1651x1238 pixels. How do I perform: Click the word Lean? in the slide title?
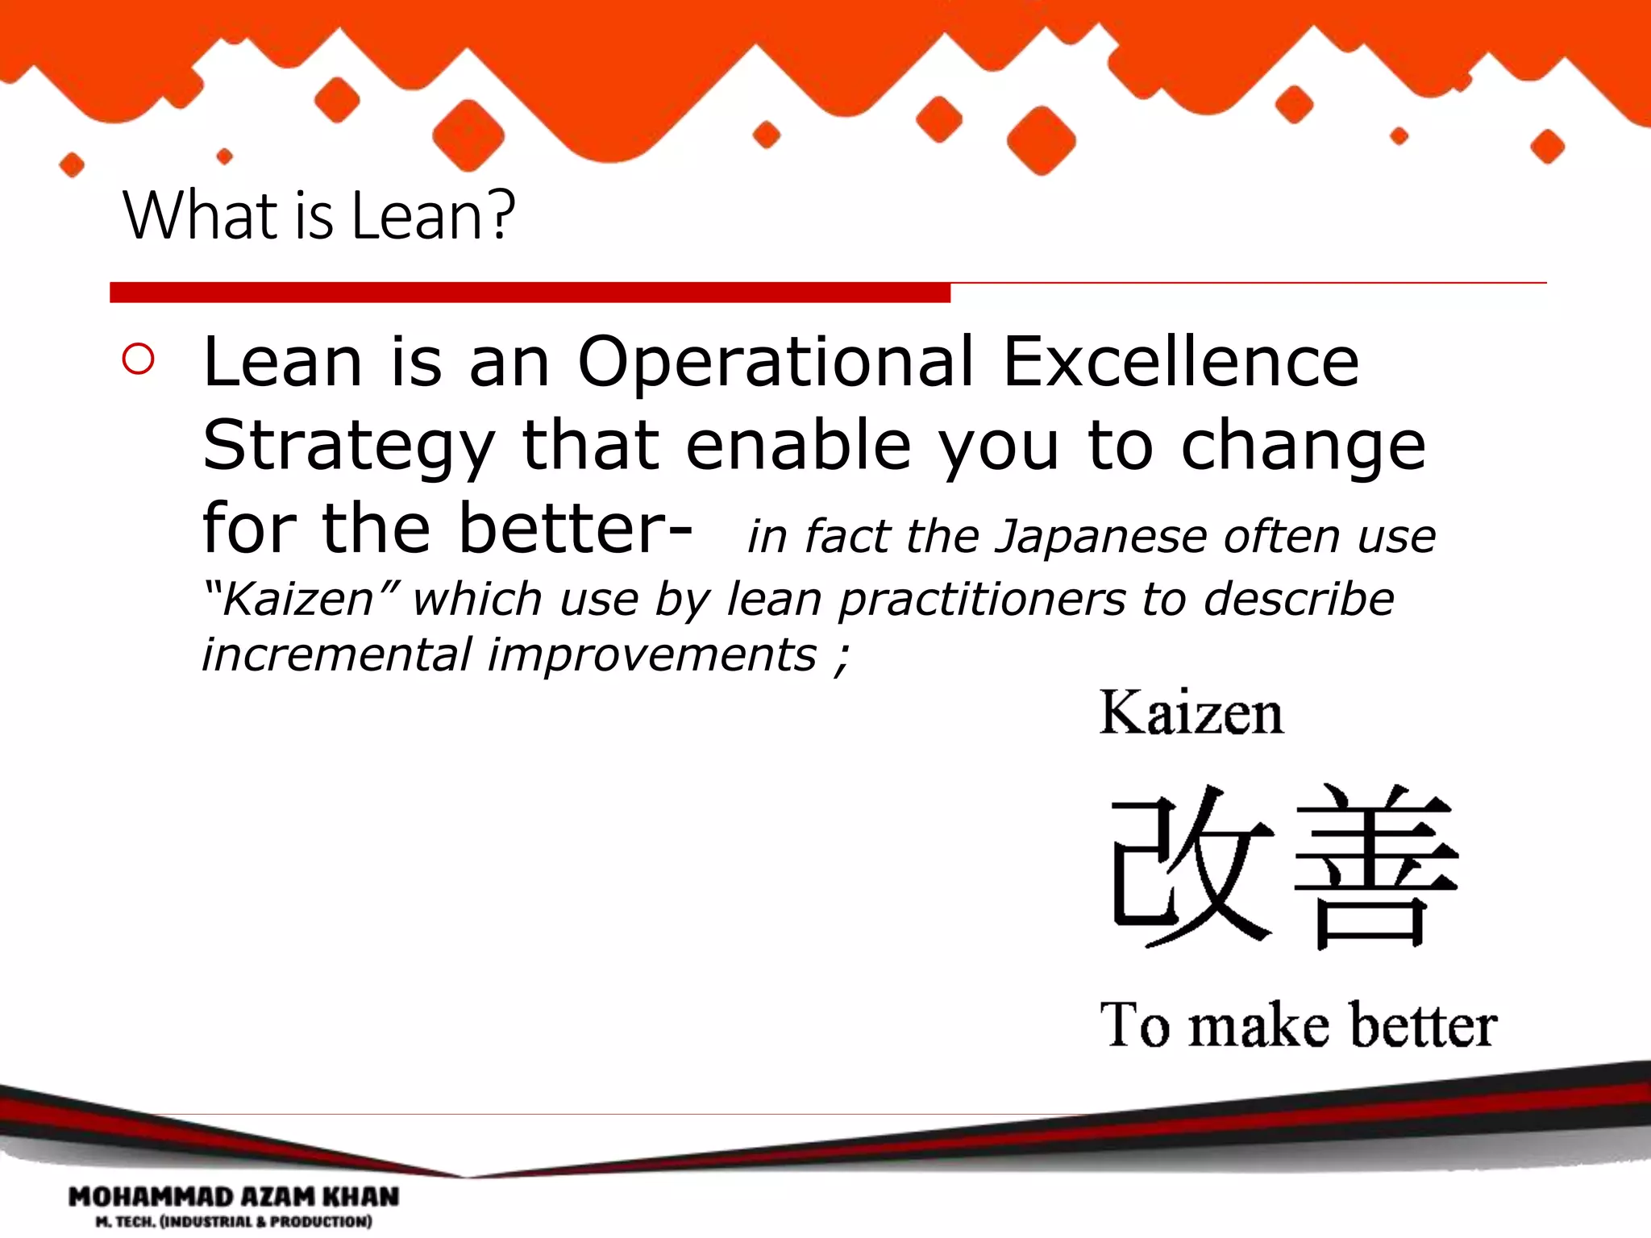pos(433,216)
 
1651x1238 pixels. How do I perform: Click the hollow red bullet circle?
pos(139,359)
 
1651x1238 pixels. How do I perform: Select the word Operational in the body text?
pos(776,362)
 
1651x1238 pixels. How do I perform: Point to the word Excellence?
pos(1180,362)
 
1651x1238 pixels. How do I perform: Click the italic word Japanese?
pos(1102,537)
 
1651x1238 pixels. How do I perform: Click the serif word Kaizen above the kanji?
pos(1191,713)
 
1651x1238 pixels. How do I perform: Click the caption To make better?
pos(1298,1025)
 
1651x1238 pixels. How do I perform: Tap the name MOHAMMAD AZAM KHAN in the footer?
pos(234,1197)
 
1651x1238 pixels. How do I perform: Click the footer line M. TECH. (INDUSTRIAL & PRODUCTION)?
pos(234,1222)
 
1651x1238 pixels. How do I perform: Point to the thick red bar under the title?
pos(530,293)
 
